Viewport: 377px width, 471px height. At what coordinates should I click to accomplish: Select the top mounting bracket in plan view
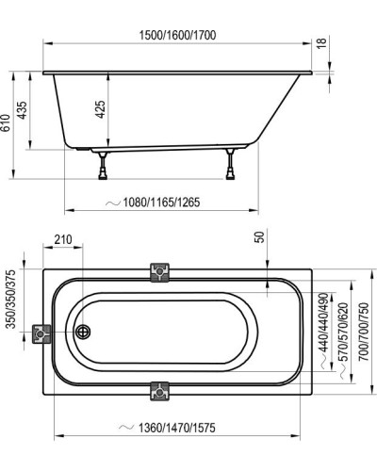click(159, 272)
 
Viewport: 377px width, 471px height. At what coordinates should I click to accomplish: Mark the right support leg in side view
click(229, 167)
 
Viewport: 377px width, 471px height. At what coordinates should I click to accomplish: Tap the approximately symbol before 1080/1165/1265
click(111, 201)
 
